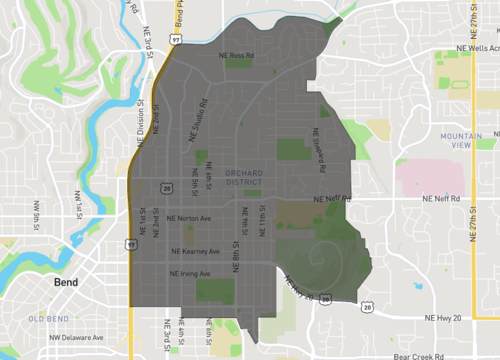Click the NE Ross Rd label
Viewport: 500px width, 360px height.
[x=237, y=55]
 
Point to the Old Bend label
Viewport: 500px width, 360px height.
[x=48, y=318]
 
